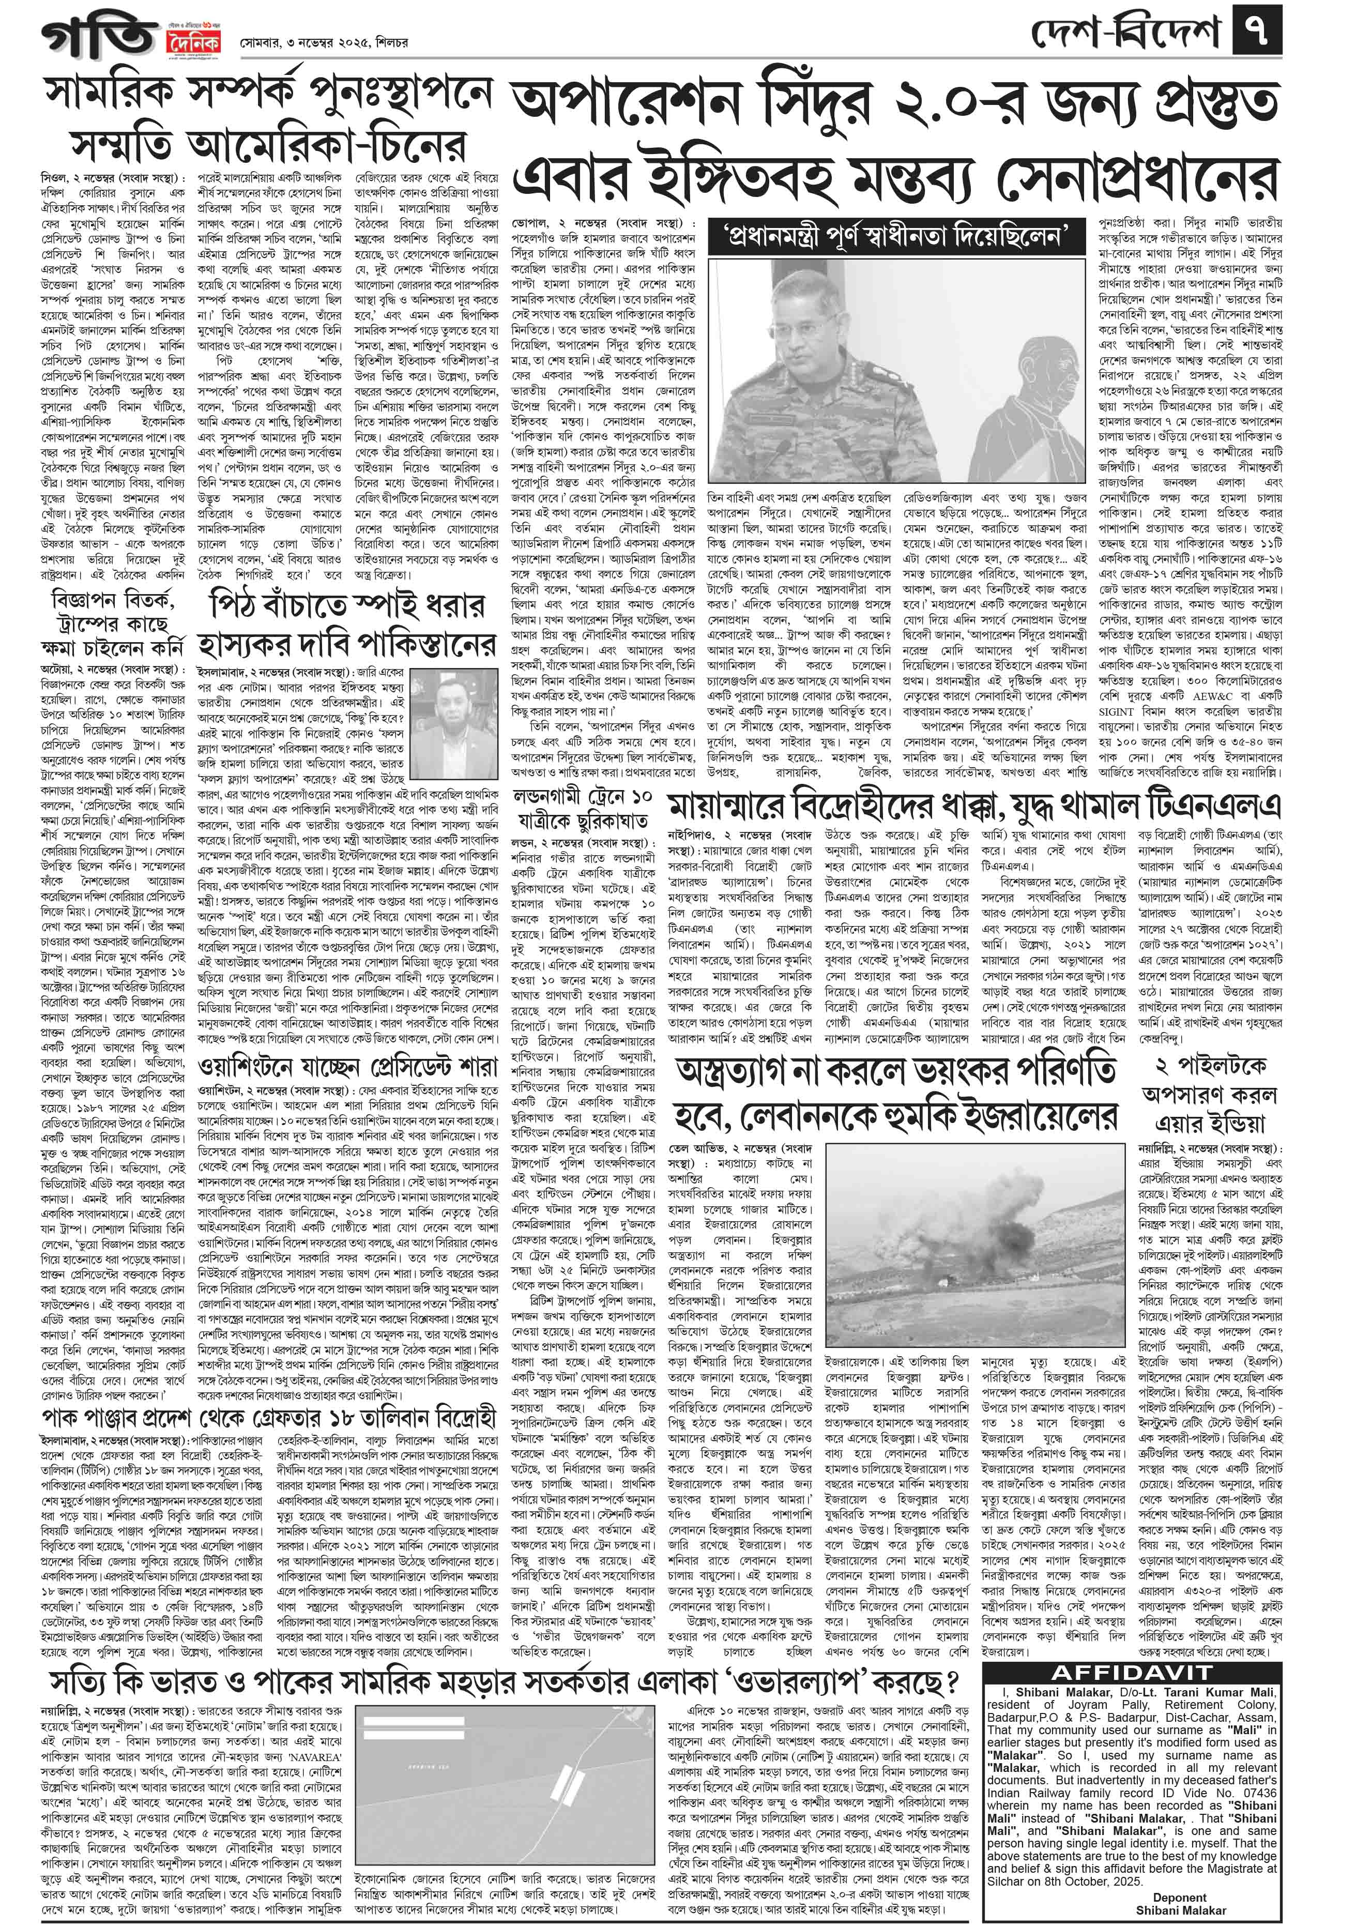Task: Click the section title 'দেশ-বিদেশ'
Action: pyautogui.click(x=1127, y=36)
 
